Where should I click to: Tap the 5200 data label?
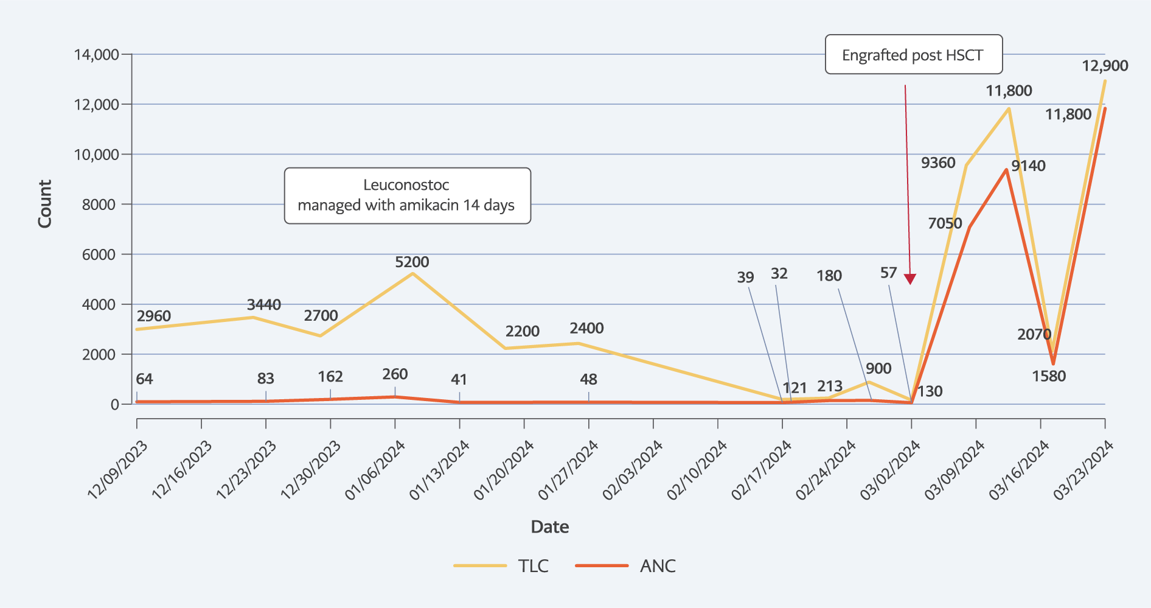(412, 262)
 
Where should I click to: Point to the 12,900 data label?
(1104, 66)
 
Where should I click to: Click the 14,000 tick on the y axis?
(97, 55)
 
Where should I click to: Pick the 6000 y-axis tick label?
(99, 254)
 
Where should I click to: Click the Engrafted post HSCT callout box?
(913, 55)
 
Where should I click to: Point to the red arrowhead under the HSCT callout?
(909, 279)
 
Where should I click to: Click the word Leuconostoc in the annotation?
(406, 185)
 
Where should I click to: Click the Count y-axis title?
(44, 204)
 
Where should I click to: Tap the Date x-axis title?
(549, 527)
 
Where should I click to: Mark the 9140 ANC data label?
(1028, 166)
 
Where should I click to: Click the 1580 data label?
(1049, 376)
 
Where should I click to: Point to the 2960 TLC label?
(154, 316)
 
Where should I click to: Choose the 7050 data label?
(945, 223)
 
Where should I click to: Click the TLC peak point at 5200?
(412, 274)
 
